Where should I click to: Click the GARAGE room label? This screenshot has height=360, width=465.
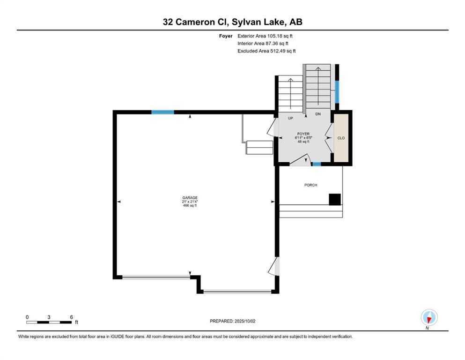[190, 198]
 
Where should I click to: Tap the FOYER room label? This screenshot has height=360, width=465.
[303, 134]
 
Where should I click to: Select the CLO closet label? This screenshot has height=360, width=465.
[341, 138]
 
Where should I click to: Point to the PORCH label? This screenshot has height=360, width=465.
[311, 185]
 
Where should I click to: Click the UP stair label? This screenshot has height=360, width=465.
[290, 118]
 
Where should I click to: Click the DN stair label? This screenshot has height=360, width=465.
[318, 114]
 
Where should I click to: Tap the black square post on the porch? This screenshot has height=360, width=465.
[335, 199]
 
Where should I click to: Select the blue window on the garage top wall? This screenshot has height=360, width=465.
[162, 112]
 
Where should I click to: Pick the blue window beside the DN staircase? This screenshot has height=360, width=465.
[337, 92]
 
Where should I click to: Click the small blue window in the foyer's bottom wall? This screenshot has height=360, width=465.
[317, 164]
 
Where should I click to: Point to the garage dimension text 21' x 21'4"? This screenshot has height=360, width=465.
[190, 202]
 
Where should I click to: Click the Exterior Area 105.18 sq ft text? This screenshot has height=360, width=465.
[265, 36]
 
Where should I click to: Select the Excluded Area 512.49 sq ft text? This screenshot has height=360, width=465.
[266, 51]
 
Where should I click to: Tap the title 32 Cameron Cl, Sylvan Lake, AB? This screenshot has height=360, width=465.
[232, 22]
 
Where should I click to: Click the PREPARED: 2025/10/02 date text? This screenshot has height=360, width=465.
[232, 321]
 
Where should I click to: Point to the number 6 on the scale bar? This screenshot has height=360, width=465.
[71, 317]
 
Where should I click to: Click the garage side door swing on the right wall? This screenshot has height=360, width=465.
[274, 266]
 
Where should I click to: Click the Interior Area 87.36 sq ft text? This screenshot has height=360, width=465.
[263, 43]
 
